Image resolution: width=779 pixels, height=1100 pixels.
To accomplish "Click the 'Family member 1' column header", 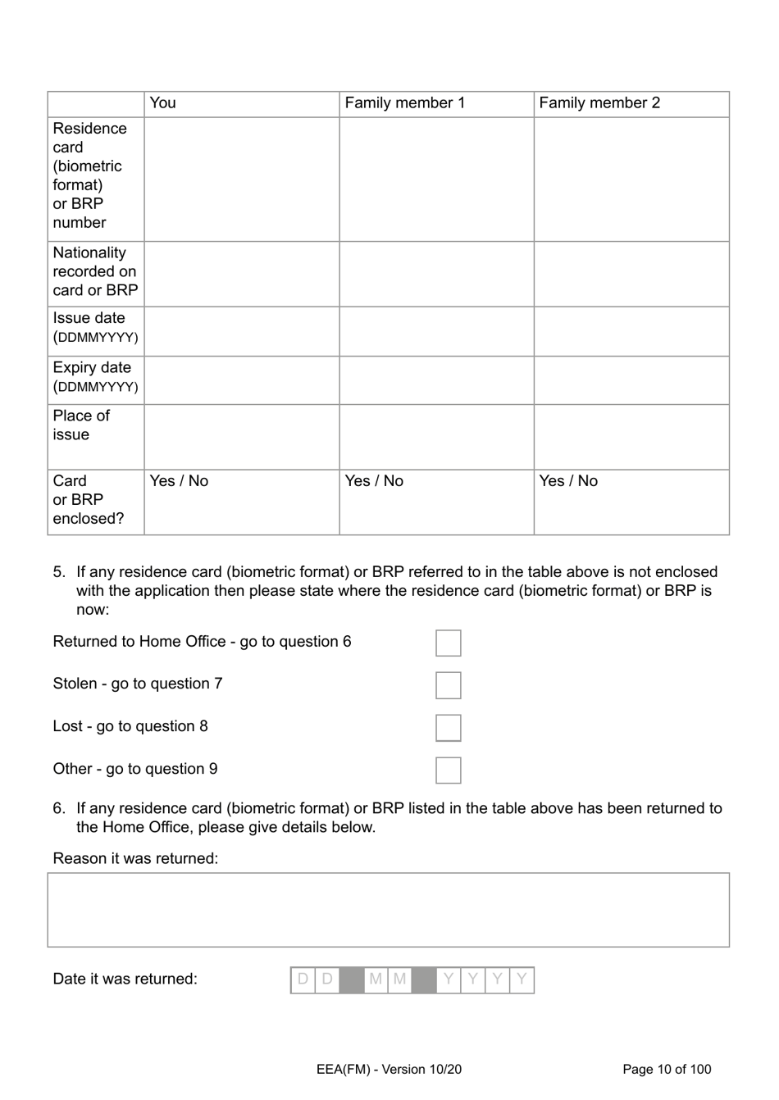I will pos(405,103).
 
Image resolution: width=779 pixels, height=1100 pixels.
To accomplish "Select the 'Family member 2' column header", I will pos(599,103).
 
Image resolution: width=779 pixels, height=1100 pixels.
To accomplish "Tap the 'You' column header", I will pos(163,103).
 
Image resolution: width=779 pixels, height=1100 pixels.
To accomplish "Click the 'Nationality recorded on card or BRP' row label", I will pos(95,272).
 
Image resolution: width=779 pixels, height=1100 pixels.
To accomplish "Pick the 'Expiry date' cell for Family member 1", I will pos(436,380).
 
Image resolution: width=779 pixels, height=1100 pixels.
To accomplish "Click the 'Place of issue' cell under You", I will pos(242,437).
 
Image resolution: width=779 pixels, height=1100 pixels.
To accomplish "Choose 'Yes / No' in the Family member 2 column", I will pos(568,481).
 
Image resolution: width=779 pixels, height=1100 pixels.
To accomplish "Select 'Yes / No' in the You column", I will pos(179,481).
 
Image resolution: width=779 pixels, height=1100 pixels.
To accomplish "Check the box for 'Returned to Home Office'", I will pos(448,643).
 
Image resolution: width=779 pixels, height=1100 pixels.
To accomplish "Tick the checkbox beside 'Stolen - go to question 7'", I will pos(448,685).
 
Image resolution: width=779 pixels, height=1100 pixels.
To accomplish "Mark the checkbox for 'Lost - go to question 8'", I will pos(448,728).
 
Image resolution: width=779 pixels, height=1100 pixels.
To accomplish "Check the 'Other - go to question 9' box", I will pos(448,770).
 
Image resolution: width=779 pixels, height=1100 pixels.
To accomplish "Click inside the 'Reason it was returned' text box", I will pos(388,910).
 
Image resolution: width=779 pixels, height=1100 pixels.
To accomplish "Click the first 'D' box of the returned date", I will pos(303,980).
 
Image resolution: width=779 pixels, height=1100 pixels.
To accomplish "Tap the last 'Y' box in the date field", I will pos(522,980).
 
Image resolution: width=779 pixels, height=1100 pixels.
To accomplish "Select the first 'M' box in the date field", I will pos(376,980).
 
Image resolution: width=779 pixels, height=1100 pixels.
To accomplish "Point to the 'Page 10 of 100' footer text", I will pos(667,1069).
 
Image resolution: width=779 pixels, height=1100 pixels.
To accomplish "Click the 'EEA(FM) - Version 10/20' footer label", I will pos(389,1069).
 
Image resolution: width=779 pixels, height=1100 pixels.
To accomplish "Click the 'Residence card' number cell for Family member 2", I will pos(631,180).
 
